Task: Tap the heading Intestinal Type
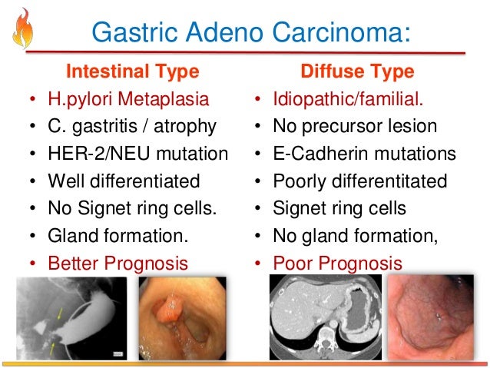pos(133,72)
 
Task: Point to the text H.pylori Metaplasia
pos(127,99)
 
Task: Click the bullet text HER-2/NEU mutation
pos(138,154)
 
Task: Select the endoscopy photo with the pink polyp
pos(181,317)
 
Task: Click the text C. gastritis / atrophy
pos(132,126)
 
